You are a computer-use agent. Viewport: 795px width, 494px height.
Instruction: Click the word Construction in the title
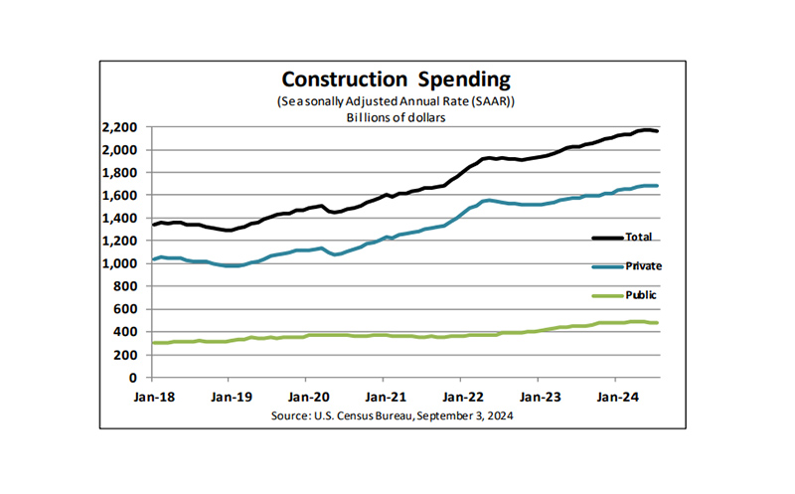click(x=332, y=79)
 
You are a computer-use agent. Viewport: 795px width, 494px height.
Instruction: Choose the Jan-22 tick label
click(x=460, y=395)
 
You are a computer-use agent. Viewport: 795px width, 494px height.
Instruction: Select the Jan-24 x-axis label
click(x=615, y=395)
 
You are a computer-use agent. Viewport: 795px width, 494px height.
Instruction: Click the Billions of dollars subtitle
click(x=396, y=117)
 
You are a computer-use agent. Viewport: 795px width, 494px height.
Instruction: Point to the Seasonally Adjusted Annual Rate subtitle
click(x=396, y=102)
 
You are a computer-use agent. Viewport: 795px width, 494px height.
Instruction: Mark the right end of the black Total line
click(x=657, y=131)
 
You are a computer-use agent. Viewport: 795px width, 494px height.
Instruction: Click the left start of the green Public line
click(x=153, y=343)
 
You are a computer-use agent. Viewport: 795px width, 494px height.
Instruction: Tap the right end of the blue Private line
click(x=657, y=186)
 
